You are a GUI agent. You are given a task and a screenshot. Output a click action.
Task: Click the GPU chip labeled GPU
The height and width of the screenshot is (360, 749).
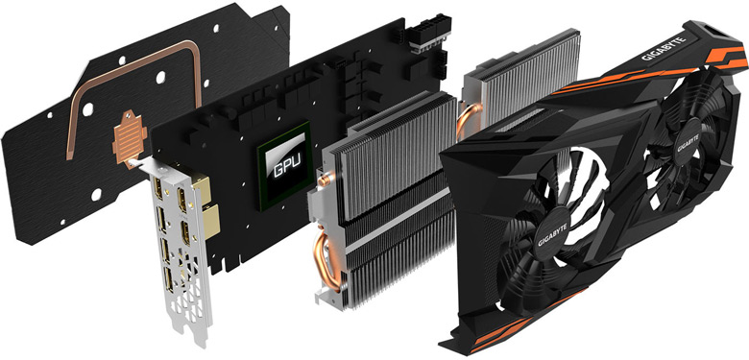tap(284, 166)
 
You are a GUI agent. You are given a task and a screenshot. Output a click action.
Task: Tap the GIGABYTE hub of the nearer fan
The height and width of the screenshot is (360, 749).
tap(552, 235)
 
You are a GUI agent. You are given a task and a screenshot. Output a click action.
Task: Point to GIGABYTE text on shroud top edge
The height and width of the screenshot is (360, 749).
tap(664, 50)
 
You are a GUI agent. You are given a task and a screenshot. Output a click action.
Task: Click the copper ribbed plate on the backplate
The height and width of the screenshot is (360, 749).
tap(130, 137)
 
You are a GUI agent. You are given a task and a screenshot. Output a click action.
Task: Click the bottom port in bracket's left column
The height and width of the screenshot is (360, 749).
tap(169, 278)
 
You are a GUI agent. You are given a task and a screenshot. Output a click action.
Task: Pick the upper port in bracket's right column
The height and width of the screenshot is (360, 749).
tap(182, 199)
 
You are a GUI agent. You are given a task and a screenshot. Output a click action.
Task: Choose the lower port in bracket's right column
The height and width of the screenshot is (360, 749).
tap(185, 231)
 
